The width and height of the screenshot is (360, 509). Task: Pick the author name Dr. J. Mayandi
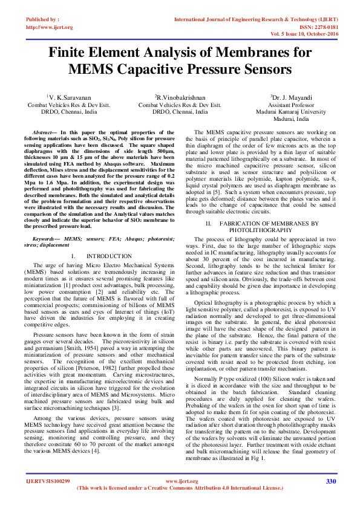pyautogui.click(x=292, y=97)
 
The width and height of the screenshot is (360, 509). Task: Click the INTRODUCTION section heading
pyautogui.click(x=109, y=256)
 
